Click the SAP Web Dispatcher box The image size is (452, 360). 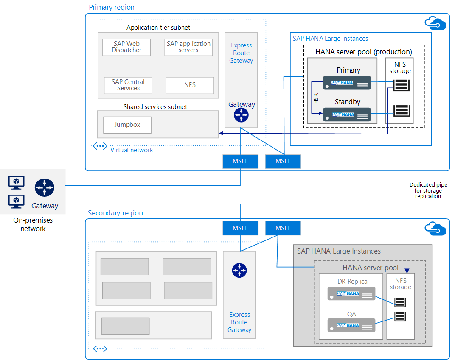126,47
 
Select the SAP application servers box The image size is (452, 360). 188,47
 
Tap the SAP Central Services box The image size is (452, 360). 128,85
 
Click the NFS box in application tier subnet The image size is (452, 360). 190,85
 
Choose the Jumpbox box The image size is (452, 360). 127,125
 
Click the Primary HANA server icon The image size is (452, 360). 347,83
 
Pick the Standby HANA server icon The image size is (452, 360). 347,114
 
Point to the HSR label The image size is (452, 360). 316,99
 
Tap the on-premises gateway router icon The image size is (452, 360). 45,187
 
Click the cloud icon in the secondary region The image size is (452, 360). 435,229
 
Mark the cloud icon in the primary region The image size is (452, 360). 435,23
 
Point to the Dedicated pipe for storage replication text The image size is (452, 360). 428,190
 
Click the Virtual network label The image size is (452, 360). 132,150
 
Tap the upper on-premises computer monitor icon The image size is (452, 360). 17,183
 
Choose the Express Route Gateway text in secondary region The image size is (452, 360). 239,322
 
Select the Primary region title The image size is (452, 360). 112,7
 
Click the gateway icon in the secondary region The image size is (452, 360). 239,271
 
